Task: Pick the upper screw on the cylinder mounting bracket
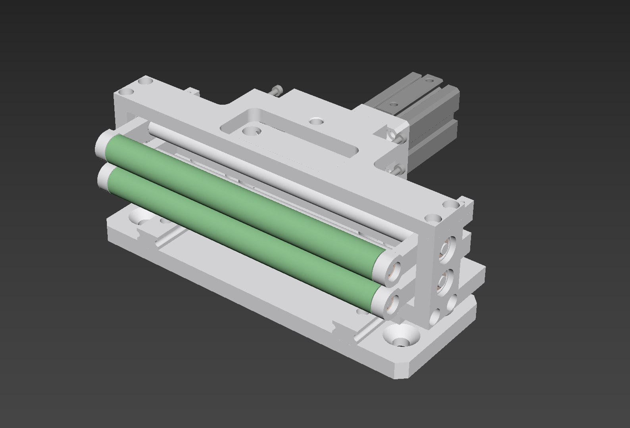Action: coord(398,137)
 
